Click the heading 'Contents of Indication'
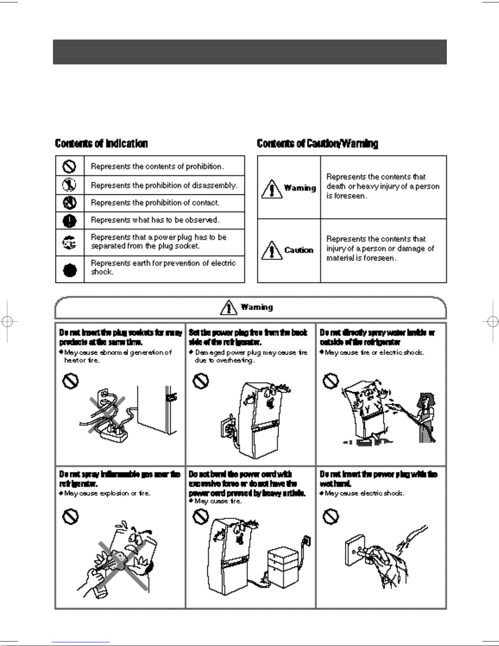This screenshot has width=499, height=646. (x=101, y=143)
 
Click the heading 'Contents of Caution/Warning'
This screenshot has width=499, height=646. (x=317, y=143)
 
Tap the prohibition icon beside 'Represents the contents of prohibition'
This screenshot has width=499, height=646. (x=70, y=166)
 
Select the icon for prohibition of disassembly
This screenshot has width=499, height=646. (x=70, y=185)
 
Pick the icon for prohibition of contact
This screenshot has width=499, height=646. (x=70, y=203)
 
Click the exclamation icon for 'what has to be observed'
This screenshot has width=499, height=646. (x=70, y=220)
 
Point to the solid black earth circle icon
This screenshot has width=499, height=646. (x=70, y=269)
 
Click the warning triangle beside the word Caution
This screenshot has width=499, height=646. (x=270, y=250)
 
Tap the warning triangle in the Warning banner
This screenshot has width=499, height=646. (x=229, y=307)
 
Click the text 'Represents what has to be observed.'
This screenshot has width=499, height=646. (x=155, y=220)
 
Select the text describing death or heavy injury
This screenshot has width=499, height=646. (x=383, y=186)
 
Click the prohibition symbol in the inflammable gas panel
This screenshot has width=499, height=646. (x=70, y=517)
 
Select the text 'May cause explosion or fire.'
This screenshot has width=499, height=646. (x=107, y=493)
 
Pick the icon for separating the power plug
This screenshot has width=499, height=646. (x=70, y=242)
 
